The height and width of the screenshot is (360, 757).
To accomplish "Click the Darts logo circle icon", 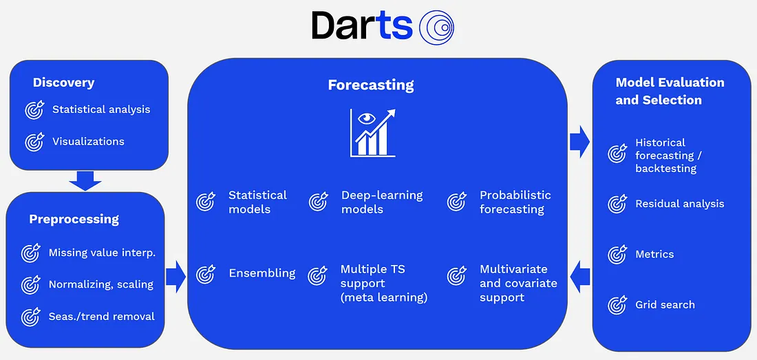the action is pos(436,28).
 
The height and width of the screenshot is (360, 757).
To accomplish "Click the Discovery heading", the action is pos(64,83).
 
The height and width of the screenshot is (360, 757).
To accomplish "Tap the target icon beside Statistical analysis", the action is pos(35,109).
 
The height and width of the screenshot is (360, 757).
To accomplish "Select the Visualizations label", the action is pos(88,141).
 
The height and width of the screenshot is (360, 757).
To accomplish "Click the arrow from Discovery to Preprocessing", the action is pos(85,180).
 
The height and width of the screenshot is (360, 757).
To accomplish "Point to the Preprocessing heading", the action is pos(74,219).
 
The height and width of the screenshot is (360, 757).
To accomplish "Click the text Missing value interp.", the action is pos(103,253).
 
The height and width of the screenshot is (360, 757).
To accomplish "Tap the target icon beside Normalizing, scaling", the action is pos(31,285).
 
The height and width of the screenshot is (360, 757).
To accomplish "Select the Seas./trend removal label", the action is pos(102,317).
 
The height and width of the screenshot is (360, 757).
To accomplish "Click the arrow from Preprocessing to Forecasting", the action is pos(175,277).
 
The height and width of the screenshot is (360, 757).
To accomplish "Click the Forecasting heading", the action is pos(371,85).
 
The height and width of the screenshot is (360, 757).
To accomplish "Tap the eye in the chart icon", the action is pos(368,117).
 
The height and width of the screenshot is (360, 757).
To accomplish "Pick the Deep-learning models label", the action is pos(382,202).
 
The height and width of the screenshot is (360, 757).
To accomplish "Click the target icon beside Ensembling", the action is pos(206,274).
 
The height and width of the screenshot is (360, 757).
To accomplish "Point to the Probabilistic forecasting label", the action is pos(515,202).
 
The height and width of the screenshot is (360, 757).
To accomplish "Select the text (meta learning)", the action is pos(384,297).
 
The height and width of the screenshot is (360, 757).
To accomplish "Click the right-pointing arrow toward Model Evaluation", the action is pos(580,142).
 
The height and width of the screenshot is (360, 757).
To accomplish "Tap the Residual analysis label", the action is pos(680,204).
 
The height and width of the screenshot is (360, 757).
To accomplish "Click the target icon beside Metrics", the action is pos(617,254).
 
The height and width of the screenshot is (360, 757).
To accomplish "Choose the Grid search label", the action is pos(665,305).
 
